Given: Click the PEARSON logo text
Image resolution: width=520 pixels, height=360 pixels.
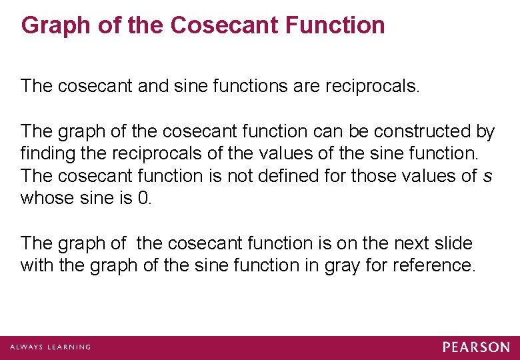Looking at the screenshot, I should [x=476, y=347].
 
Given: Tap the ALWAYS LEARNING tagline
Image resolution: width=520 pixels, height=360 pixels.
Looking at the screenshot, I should [x=50, y=347].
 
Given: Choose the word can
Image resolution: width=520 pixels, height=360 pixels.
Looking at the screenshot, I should [x=328, y=131].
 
